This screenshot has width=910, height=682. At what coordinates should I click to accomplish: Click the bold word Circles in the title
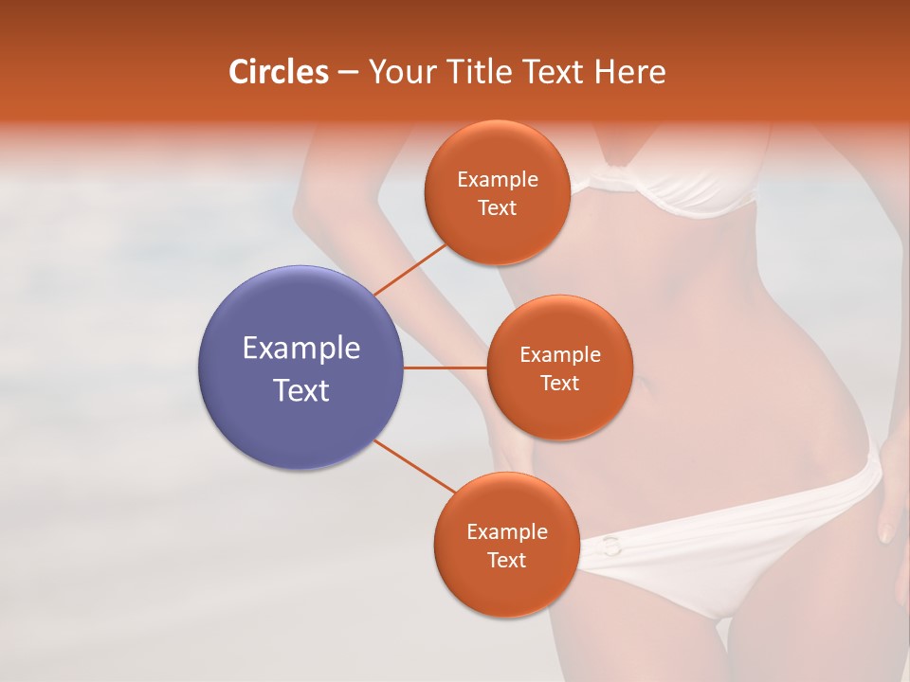278,72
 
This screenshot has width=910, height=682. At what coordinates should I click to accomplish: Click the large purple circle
300,367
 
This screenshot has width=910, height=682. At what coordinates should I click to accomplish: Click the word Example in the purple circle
300,349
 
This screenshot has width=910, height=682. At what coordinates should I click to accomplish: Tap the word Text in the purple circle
300,390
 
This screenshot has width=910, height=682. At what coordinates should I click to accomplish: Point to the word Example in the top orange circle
497,180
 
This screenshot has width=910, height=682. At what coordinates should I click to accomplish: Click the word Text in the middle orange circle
559,384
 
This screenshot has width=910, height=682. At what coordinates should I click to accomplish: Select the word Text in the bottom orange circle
506,560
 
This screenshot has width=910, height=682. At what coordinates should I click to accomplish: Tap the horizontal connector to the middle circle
445,367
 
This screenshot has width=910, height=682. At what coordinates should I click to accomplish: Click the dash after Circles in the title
347,73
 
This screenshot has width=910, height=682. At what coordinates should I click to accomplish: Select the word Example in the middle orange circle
559,355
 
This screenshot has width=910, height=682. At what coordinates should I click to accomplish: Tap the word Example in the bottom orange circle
506,532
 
